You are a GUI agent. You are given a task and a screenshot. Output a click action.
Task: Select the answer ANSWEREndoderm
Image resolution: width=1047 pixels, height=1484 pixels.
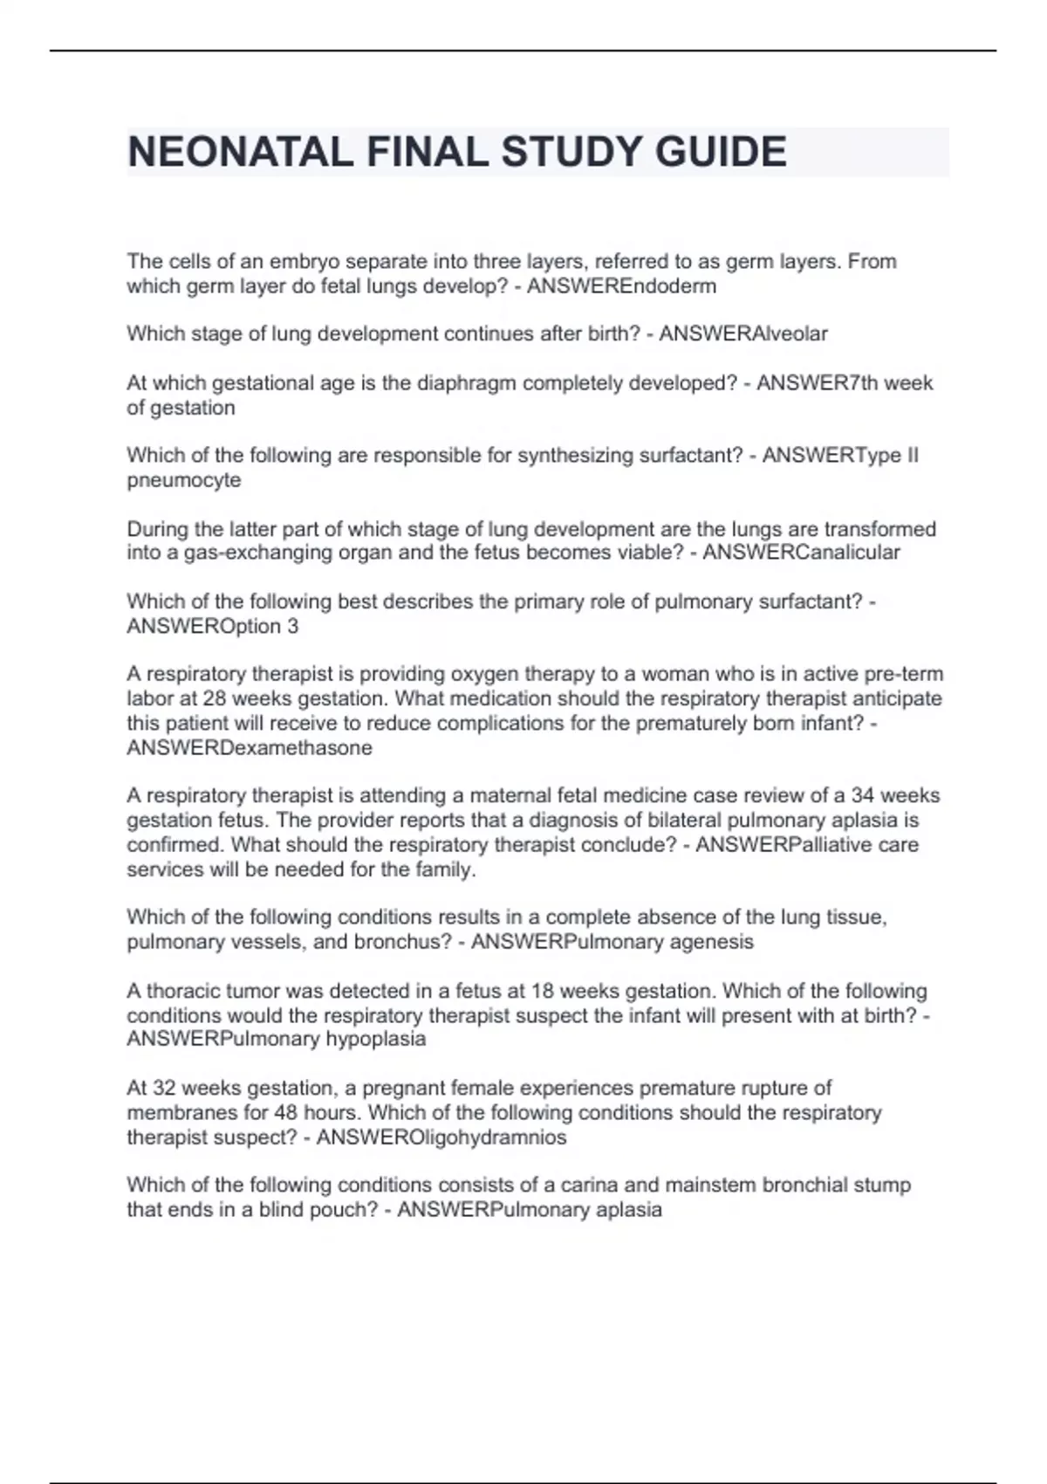tap(621, 286)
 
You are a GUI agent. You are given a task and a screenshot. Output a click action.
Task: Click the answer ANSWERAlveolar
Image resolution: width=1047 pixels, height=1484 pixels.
tap(742, 333)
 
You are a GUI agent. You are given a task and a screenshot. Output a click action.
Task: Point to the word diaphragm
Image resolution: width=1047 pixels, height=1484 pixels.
tap(466, 383)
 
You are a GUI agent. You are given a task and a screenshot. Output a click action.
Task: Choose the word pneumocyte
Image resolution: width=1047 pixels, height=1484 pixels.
tap(183, 480)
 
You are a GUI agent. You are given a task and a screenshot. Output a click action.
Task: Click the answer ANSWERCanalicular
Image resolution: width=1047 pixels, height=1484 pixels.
tap(801, 553)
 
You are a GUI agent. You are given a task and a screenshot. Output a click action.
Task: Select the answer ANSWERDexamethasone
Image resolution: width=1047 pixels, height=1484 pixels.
tap(250, 748)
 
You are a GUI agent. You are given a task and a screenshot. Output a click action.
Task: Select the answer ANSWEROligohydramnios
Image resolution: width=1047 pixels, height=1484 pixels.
tap(441, 1137)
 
